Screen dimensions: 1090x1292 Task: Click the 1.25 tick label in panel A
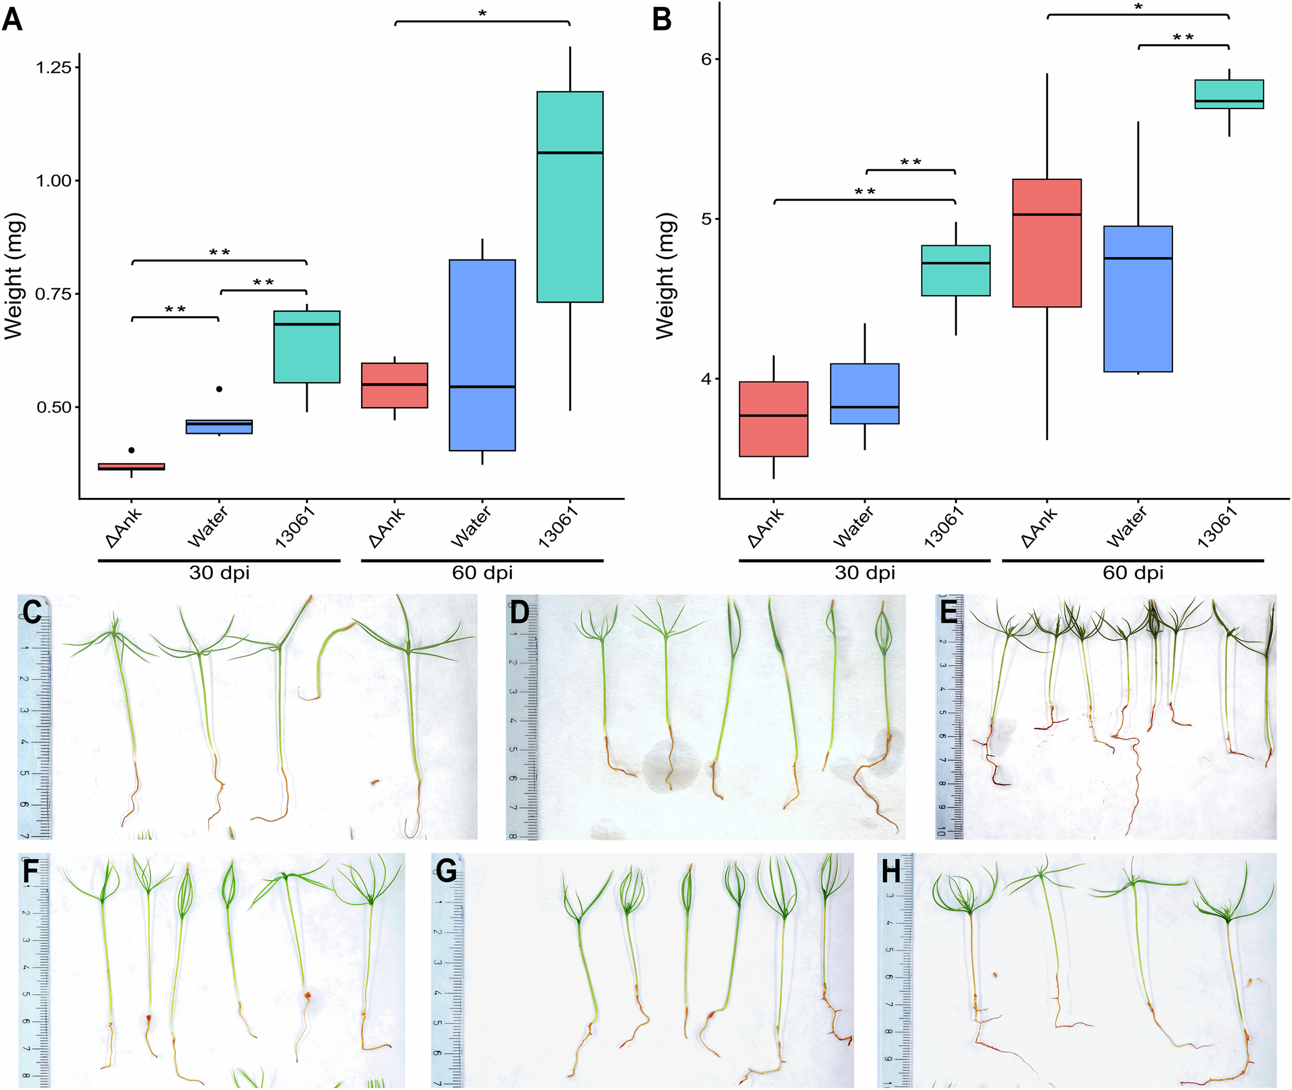point(54,67)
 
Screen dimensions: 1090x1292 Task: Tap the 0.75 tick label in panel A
point(54,294)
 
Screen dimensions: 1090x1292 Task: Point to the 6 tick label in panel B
point(706,59)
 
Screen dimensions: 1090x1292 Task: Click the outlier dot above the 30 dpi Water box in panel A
point(219,389)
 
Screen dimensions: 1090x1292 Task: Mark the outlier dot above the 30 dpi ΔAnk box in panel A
point(131,450)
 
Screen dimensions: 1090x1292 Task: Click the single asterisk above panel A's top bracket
point(482,12)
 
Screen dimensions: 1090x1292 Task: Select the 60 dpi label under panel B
point(1133,573)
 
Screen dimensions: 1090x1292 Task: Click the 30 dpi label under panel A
point(219,573)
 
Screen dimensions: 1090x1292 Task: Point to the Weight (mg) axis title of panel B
point(665,276)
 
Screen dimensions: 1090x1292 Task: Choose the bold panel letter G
point(446,871)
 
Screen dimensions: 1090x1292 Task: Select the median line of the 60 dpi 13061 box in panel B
point(1228,101)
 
